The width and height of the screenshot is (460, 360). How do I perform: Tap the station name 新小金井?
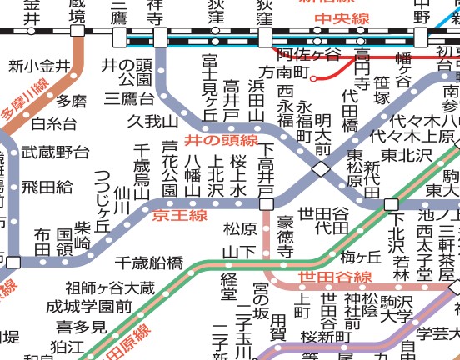(x=38, y=66)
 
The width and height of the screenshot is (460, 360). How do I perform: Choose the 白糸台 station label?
(x=53, y=125)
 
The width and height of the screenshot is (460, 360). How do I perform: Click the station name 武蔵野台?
(x=55, y=152)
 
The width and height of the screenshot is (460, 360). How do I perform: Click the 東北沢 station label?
(x=408, y=155)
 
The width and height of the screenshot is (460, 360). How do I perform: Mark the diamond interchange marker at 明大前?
(x=321, y=169)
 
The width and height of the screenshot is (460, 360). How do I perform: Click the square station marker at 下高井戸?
(x=265, y=203)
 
